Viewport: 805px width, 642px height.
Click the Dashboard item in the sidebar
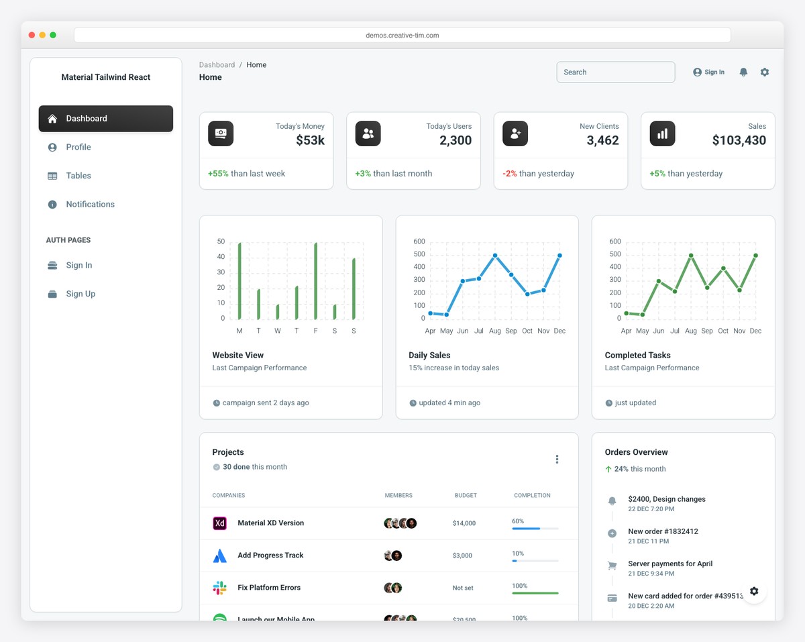click(x=105, y=119)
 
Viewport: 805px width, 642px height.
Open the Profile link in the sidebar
click(x=78, y=147)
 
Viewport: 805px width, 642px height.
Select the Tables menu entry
click(x=78, y=176)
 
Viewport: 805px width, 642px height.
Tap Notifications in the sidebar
click(x=90, y=205)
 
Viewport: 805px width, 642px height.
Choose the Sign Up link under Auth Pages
click(x=80, y=294)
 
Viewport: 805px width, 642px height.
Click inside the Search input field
click(x=615, y=72)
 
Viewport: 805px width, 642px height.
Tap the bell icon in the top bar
click(x=743, y=72)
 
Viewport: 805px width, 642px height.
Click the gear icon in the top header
click(x=765, y=72)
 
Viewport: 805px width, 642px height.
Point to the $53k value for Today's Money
click(x=310, y=140)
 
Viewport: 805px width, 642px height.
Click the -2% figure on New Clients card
click(x=510, y=174)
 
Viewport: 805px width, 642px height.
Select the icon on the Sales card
click(x=662, y=133)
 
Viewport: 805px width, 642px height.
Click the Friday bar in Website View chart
click(x=315, y=282)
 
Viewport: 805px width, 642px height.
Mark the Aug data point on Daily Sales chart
click(x=495, y=256)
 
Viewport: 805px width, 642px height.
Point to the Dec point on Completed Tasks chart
click(x=755, y=256)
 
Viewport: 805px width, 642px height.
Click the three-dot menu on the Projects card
click(x=557, y=460)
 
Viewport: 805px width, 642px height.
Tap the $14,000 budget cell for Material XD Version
click(x=464, y=523)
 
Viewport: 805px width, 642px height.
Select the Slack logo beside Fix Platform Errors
click(x=219, y=588)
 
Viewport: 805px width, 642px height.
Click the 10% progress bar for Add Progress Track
click(x=535, y=561)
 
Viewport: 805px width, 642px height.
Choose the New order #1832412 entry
click(x=663, y=531)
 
